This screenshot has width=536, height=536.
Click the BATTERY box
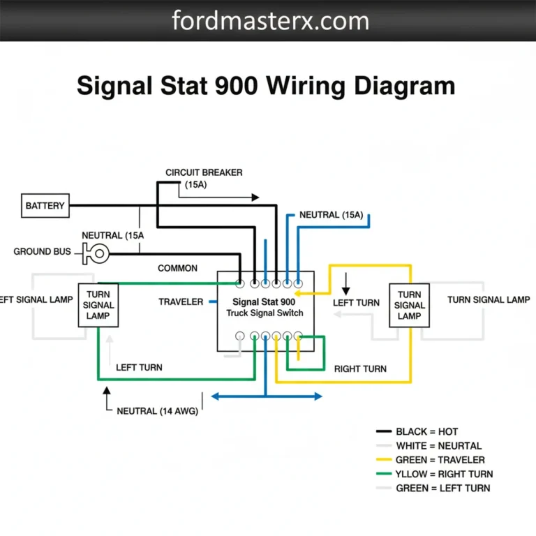45,206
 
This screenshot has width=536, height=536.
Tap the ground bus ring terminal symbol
98,253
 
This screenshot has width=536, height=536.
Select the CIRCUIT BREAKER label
204,172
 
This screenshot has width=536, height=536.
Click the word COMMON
177,268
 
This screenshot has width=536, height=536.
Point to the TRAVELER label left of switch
181,302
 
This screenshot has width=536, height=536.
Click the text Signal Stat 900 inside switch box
264,302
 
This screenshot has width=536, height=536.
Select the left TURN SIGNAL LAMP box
98,306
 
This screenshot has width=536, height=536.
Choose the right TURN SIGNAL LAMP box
409,306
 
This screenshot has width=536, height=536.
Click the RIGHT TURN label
360,368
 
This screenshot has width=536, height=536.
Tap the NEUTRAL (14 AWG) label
157,411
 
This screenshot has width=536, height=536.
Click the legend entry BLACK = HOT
426,432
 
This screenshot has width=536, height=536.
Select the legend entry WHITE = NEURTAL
438,446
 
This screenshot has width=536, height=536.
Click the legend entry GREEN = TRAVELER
440,460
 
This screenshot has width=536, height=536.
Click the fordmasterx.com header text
270,20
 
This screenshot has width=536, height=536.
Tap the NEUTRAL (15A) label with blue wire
331,215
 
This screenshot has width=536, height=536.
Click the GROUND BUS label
42,251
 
